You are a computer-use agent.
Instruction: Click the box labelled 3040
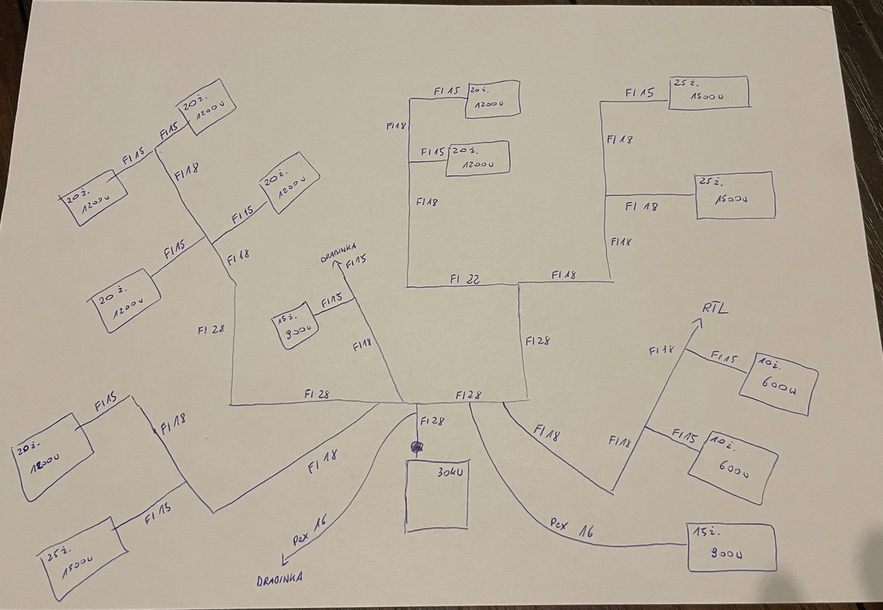click(437, 494)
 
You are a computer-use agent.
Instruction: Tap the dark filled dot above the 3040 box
click(417, 447)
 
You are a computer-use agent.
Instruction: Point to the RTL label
click(714, 307)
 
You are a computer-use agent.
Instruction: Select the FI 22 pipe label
click(464, 278)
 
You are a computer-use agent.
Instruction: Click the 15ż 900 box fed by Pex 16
click(731, 547)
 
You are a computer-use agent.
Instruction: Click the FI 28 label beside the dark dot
click(432, 421)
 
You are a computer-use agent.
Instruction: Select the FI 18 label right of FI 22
click(563, 274)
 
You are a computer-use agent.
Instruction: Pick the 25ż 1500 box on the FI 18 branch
click(734, 195)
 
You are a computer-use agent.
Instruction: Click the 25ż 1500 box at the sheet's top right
click(708, 92)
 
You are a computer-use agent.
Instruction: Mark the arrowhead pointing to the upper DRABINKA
click(336, 264)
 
